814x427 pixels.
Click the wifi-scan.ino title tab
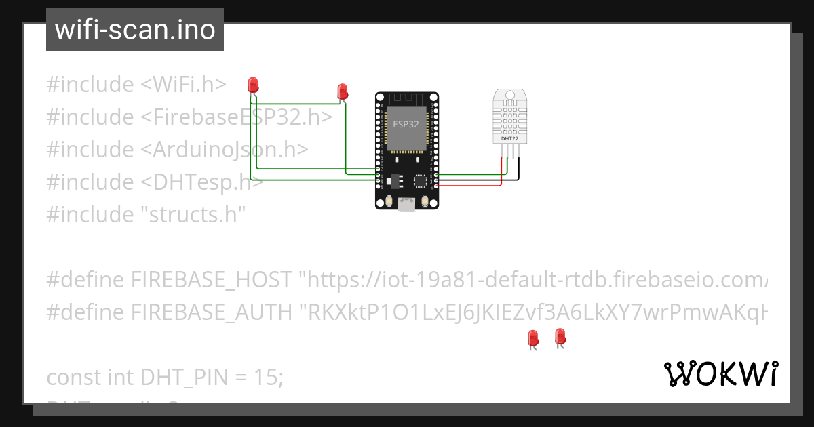click(135, 30)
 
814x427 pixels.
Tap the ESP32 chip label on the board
click(406, 125)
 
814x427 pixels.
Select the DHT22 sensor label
click(511, 138)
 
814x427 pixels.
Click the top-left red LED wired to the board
click(254, 85)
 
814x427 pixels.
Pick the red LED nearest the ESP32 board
click(343, 91)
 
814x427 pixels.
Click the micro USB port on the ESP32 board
click(407, 203)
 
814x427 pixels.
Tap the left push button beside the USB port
click(389, 201)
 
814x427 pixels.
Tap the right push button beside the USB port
click(425, 201)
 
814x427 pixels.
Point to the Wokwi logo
click(721, 373)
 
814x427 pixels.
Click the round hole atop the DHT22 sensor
click(511, 96)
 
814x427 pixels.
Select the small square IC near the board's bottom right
click(421, 181)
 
